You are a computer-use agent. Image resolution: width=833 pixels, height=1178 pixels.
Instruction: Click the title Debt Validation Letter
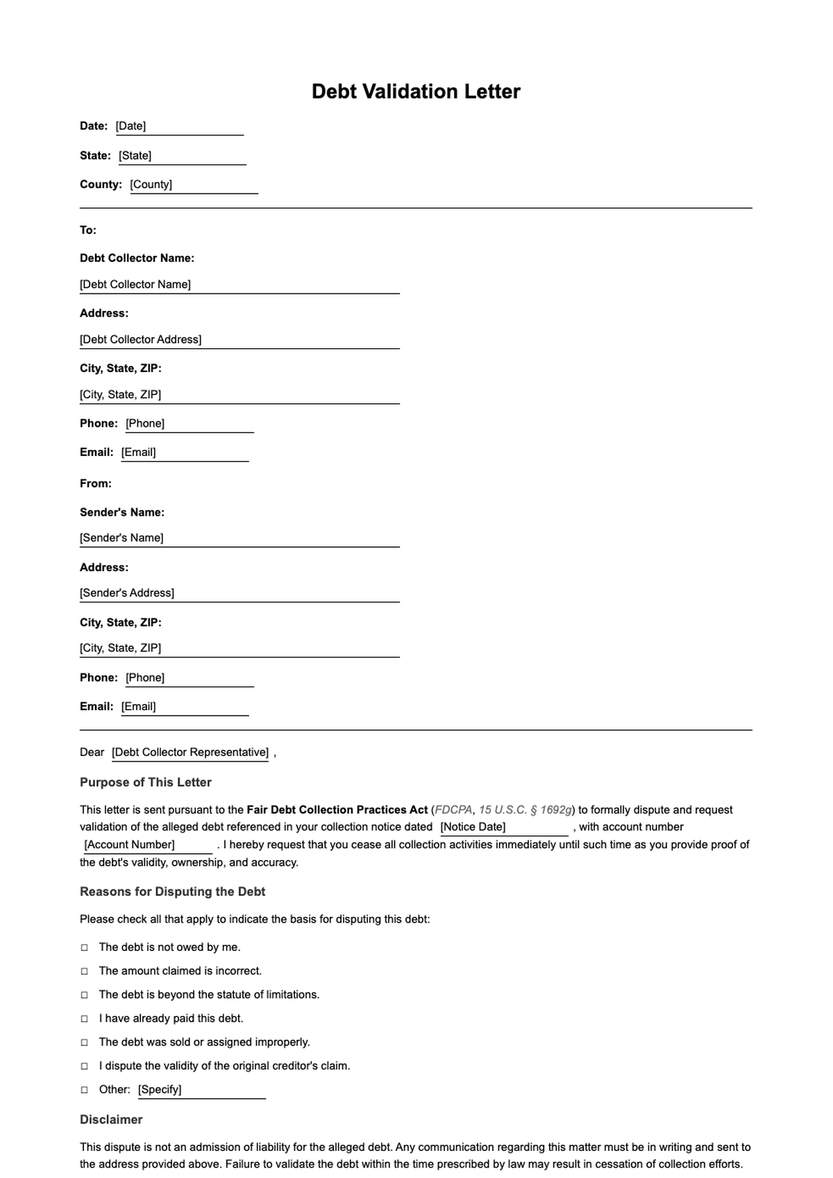coord(416,92)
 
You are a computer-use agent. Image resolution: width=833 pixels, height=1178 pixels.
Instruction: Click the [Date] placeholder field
coord(179,126)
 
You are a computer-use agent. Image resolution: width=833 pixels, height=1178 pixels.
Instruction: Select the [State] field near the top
coord(182,155)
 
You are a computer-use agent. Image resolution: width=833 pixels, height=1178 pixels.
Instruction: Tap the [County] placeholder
coord(193,185)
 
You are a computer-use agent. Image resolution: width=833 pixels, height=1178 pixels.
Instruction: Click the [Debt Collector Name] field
coord(239,285)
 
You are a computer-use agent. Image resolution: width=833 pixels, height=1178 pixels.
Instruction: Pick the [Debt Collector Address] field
coord(239,339)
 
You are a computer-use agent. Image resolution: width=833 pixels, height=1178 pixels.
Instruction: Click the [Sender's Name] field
coord(239,538)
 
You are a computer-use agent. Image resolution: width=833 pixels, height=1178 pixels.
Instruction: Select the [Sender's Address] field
coord(239,593)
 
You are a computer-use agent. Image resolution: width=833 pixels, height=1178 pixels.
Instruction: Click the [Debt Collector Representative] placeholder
coord(190,752)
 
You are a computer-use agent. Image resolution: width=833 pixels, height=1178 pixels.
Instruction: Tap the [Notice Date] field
coord(503,827)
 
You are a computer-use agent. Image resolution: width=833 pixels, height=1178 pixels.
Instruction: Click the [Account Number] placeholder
coord(146,845)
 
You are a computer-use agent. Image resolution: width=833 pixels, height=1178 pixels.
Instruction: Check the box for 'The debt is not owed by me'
coord(85,948)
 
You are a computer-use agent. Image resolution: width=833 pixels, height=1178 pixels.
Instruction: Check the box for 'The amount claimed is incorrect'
coord(85,971)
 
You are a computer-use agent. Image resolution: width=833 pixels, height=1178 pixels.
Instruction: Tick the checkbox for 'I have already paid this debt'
coord(85,1018)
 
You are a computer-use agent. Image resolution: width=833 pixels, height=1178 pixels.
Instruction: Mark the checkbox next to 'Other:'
coord(85,1090)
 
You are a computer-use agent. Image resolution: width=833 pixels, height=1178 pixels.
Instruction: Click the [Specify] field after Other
coord(201,1090)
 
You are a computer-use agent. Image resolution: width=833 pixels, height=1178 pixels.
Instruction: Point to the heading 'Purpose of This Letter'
coord(146,782)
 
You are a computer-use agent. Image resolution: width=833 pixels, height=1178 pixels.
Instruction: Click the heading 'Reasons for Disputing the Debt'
coord(172,891)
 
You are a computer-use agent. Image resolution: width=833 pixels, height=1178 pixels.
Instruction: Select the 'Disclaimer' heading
coord(111,1120)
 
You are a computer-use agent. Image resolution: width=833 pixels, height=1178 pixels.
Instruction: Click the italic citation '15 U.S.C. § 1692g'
coord(525,810)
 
